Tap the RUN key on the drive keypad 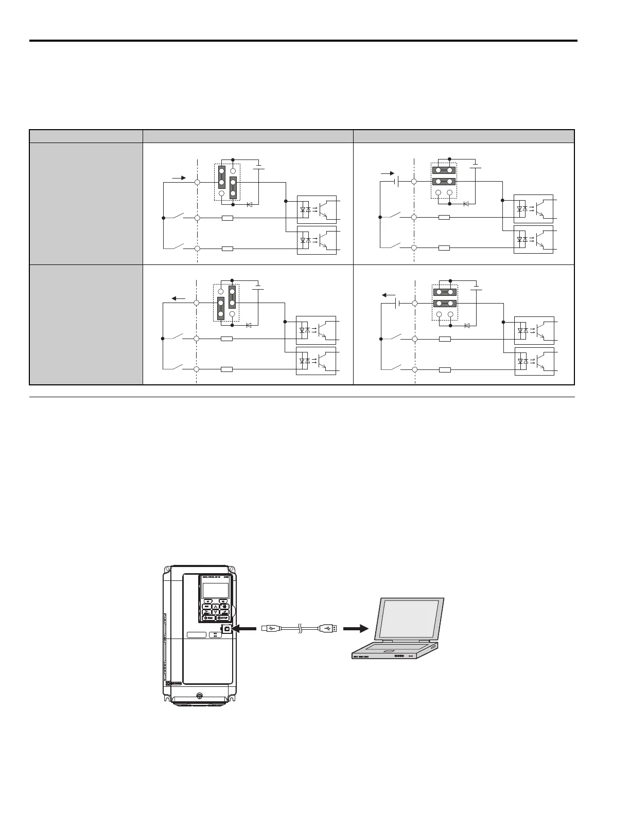pyautogui.click(x=208, y=618)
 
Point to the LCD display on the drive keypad pyautogui.click(x=216, y=590)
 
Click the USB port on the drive pyautogui.click(x=227, y=628)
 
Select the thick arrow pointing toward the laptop pyautogui.click(x=356, y=628)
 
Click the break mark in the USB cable pyautogui.click(x=299, y=628)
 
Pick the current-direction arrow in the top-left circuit pyautogui.click(x=179, y=178)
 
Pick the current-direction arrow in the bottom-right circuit pyautogui.click(x=389, y=295)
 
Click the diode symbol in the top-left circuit pyautogui.click(x=250, y=204)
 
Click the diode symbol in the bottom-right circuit pyautogui.click(x=467, y=326)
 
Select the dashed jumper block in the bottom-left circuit pyautogui.click(x=226, y=303)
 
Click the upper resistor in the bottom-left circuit pyautogui.click(x=226, y=339)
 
